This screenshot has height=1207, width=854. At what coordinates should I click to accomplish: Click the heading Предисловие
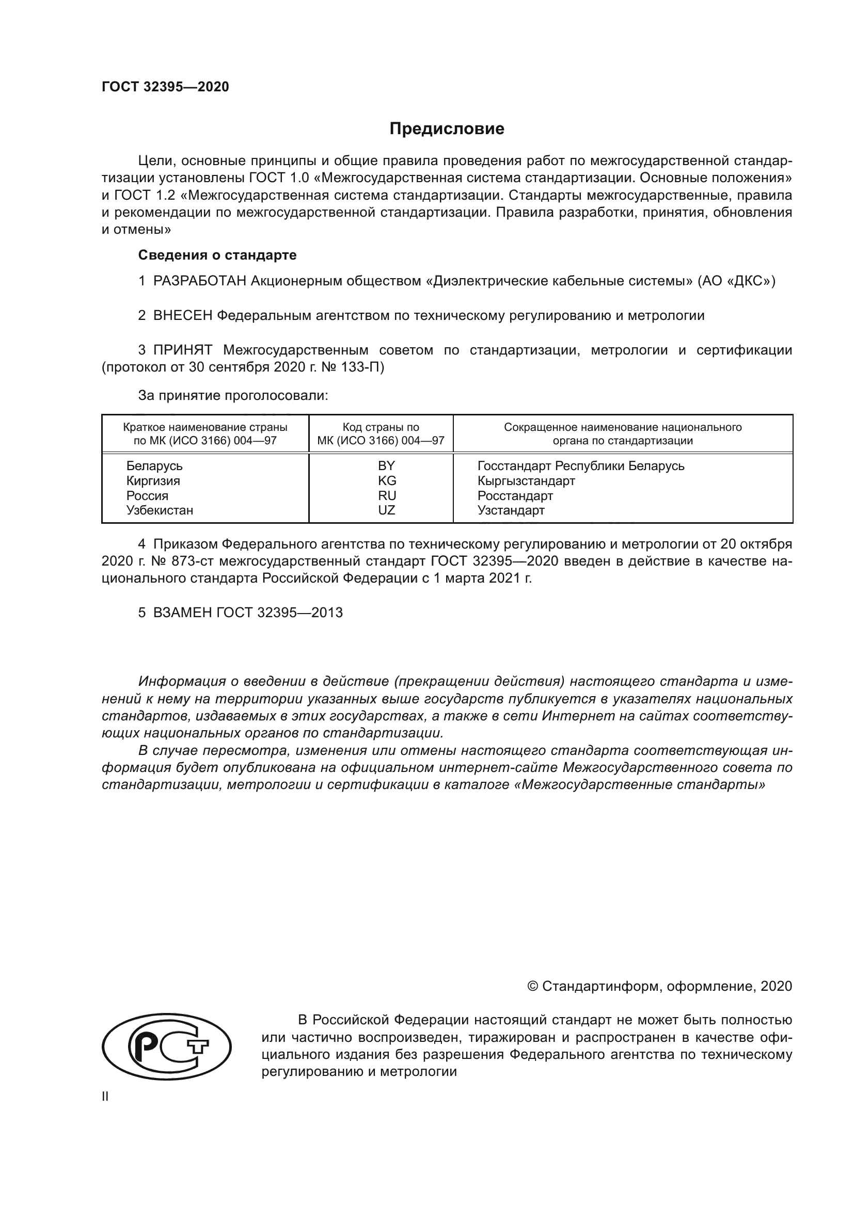(447, 129)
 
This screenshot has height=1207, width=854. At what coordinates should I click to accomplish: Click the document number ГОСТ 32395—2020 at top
(165, 87)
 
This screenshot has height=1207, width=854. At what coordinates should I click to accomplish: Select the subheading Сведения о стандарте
(217, 255)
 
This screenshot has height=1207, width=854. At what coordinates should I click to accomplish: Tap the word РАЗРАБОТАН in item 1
(199, 281)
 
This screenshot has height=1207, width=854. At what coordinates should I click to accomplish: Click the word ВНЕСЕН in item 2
(182, 315)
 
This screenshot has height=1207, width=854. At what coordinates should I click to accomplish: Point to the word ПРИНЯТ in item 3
(182, 350)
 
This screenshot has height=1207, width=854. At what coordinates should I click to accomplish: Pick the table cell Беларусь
(154, 466)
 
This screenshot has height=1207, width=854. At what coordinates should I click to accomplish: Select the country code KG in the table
(387, 480)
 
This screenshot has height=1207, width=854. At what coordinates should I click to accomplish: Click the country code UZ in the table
(387, 510)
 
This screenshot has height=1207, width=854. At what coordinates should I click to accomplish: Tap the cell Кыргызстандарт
(526, 480)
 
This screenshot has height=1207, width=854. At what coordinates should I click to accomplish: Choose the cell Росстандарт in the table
(515, 495)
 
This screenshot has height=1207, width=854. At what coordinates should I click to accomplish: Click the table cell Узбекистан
(160, 510)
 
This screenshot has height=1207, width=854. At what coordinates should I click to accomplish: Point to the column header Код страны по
(381, 427)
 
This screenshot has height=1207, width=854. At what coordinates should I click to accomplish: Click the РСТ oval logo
(166, 1046)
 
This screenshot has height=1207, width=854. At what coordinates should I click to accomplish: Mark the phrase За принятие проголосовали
(233, 395)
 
